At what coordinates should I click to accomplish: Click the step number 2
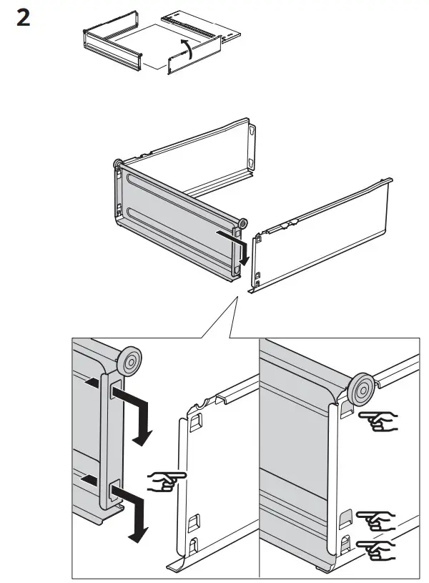(24, 19)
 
